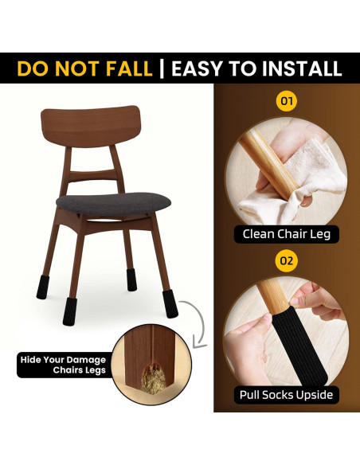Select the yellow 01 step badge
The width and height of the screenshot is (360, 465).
[286, 102]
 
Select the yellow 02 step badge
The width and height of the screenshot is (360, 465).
[286, 260]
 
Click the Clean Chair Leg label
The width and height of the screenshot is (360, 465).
[286, 234]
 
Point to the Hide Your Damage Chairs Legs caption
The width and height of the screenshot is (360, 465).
[62, 365]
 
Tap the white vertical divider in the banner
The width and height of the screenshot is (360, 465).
[162, 68]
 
